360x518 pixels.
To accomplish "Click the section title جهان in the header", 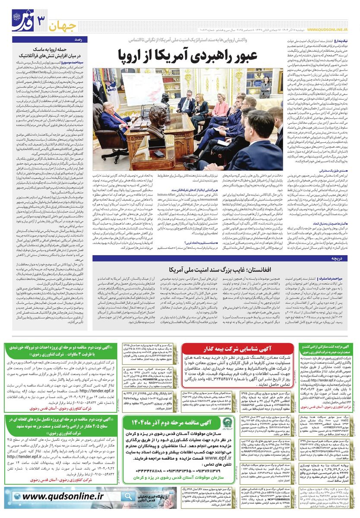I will (x=62, y=25).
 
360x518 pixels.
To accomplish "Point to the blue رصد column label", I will (x=79, y=39).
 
